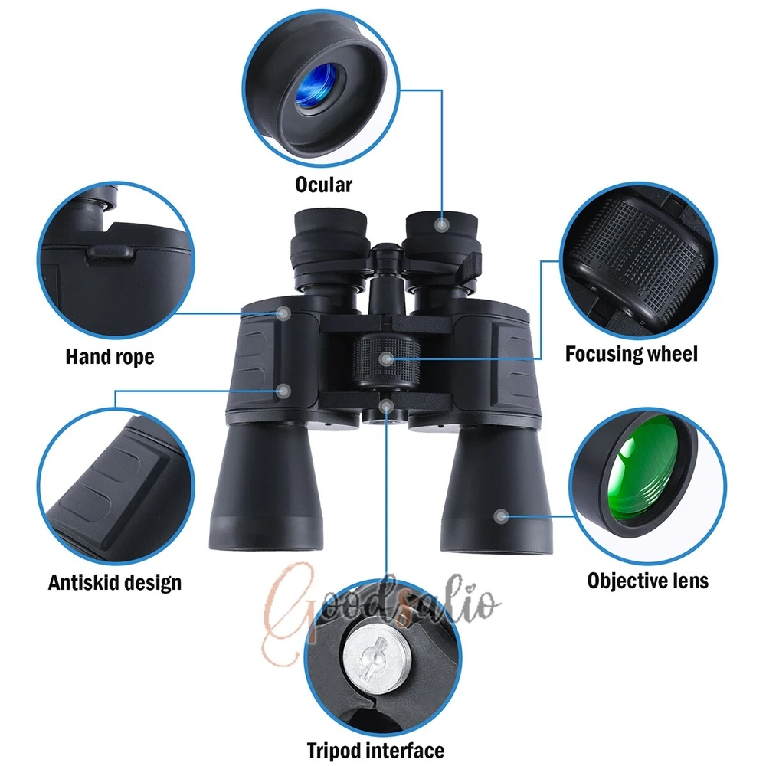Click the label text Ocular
click(323, 185)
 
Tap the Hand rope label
click(110, 357)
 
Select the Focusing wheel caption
click(631, 354)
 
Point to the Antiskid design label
click(115, 582)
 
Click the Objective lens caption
click(648, 581)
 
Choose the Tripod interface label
click(375, 750)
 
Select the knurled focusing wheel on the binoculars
click(386, 360)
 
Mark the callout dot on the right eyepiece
click(442, 224)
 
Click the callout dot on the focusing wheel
click(386, 359)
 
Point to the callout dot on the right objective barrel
click(501, 516)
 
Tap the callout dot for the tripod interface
click(386, 406)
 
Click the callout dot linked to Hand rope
click(283, 313)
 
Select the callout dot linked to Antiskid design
click(283, 391)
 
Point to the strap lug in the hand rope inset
click(110, 252)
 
